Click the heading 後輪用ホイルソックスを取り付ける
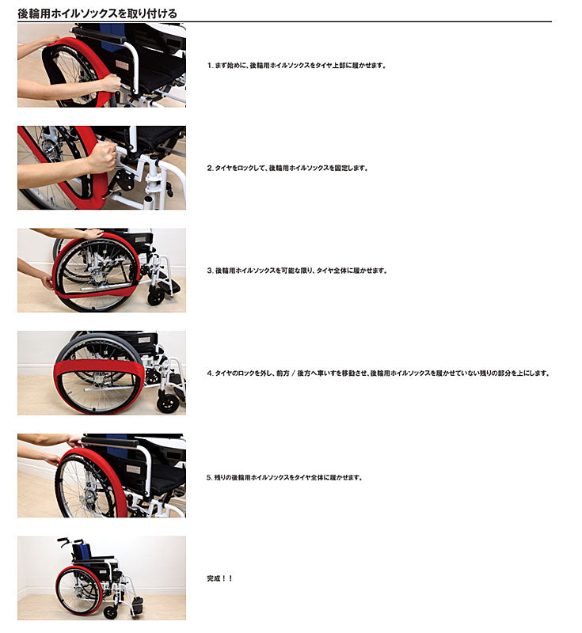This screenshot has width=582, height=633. (x=97, y=13)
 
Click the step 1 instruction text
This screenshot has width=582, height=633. (x=297, y=66)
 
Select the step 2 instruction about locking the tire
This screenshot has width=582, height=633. (x=287, y=168)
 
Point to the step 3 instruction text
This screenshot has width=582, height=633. (x=297, y=271)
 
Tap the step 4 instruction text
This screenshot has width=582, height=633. (x=378, y=373)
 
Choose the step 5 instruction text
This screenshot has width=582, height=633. (x=285, y=478)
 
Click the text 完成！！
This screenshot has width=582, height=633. (x=220, y=578)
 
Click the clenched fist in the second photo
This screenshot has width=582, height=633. (x=103, y=157)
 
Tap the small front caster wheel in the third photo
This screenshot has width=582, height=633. (x=156, y=298)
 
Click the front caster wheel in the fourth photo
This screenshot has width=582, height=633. (x=167, y=402)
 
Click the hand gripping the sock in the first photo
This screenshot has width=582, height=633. (x=111, y=83)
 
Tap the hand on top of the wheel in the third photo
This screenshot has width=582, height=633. (x=92, y=233)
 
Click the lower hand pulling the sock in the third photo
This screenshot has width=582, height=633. (x=48, y=281)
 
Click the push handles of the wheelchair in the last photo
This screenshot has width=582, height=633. (x=70, y=540)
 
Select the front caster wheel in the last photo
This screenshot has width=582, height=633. (x=110, y=612)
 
